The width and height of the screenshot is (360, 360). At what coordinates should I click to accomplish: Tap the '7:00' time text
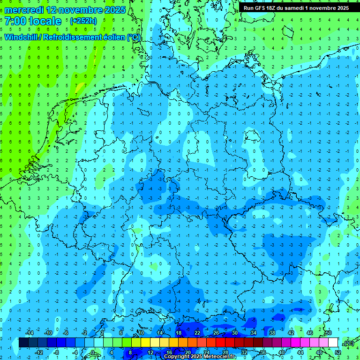[15, 21]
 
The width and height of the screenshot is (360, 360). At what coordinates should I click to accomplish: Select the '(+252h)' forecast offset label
[83, 21]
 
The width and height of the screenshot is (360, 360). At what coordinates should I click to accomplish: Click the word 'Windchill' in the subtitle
[22, 37]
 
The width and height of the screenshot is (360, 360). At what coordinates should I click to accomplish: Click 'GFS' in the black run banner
[262, 8]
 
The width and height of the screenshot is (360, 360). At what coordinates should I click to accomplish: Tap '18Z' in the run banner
[275, 8]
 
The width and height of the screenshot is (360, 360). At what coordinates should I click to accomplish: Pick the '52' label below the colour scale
[338, 352]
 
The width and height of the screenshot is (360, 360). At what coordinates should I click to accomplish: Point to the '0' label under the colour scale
[92, 352]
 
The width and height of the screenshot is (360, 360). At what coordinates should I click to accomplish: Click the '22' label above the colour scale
[197, 333]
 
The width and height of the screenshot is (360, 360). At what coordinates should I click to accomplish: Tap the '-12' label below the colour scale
[39, 352]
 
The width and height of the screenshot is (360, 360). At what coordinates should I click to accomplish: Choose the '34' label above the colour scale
[254, 333]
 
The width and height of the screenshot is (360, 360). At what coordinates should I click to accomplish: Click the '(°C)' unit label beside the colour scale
[348, 343]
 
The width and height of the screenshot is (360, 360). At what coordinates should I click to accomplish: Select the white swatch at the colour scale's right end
[333, 343]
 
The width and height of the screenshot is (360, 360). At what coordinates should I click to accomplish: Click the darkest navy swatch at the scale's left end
[23, 343]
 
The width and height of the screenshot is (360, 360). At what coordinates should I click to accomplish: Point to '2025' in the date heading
[114, 10]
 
